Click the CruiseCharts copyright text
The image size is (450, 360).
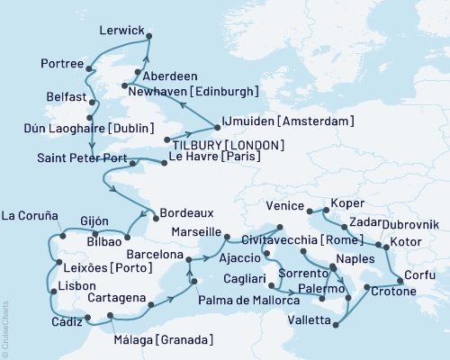coord(5,319)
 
